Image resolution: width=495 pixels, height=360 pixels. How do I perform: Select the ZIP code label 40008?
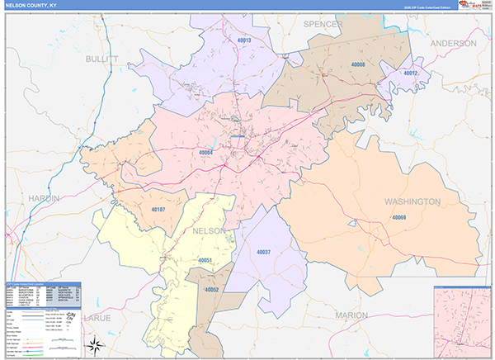[357, 64]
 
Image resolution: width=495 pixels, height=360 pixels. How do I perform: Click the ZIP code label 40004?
[205, 152]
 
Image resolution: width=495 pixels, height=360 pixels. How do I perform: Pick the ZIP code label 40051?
[205, 261]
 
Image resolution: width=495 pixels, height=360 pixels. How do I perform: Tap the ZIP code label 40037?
[263, 251]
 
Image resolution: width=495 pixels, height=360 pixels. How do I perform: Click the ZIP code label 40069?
[399, 217]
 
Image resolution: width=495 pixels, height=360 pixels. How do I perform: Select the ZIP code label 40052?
[212, 290]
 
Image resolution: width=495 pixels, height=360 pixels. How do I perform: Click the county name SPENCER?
[323, 25]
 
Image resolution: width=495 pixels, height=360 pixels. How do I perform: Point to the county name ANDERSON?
[453, 43]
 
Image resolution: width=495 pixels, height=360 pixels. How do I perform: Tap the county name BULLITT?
[101, 59]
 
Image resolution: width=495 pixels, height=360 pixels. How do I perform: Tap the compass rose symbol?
[96, 344]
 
